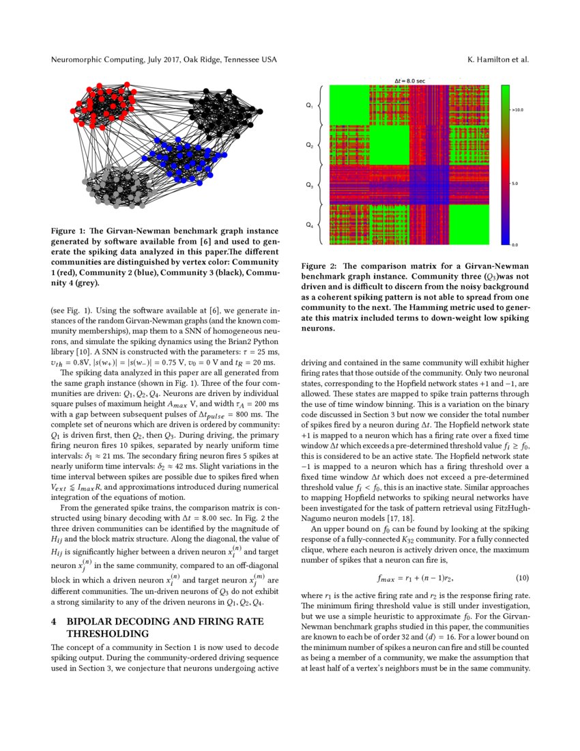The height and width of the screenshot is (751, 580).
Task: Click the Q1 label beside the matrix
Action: coord(309,106)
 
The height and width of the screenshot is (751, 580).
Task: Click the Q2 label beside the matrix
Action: coord(309,145)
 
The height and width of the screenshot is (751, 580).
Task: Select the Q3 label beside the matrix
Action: coord(309,185)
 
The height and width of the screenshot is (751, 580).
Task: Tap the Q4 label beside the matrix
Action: coord(309,225)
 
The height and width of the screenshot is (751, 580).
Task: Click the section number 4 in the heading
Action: coord(54,623)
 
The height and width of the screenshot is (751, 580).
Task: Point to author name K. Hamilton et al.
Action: coord(497,60)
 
